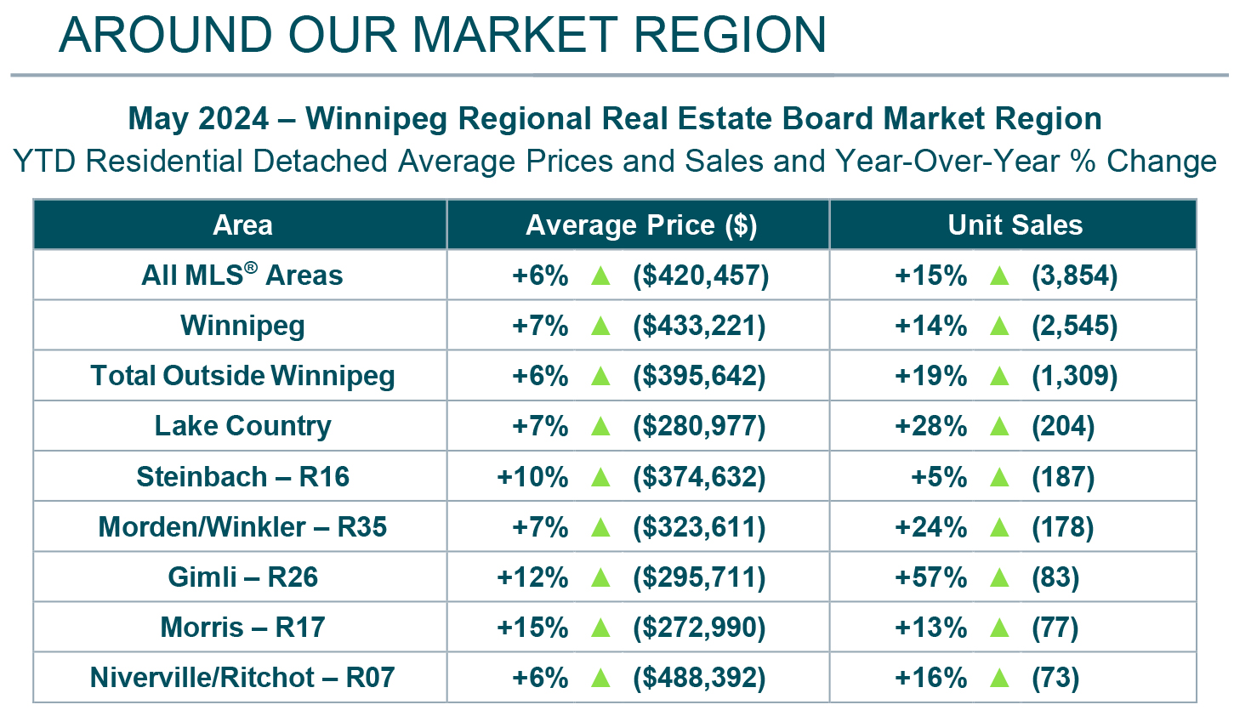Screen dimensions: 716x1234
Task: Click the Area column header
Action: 242,225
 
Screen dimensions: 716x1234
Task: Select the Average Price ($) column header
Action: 641,225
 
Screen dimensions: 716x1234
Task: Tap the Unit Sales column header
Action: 1015,225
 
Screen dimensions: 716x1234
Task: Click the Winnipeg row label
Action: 242,326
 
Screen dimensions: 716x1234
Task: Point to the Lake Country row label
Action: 242,426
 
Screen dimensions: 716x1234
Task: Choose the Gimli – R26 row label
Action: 242,577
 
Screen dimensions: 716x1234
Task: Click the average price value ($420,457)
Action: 700,276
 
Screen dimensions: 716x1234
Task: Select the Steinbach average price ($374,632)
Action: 698,477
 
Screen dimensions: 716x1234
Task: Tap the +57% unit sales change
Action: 930,577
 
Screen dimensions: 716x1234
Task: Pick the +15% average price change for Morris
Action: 532,628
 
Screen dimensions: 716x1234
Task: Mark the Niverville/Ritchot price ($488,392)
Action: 698,678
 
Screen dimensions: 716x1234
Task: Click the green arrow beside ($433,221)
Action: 600,326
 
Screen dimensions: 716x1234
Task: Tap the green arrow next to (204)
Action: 999,426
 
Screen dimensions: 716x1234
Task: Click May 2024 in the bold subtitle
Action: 198,118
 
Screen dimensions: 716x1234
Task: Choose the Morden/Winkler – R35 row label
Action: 242,527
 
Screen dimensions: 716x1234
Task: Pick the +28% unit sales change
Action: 930,426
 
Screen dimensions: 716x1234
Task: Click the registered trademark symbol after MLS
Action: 251,267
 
